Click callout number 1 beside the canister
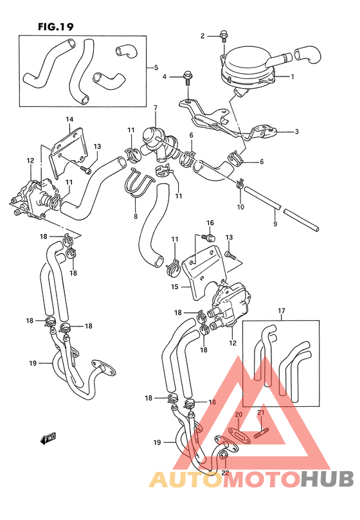coord(292,77)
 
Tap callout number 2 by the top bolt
coord(203,36)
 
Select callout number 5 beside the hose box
coord(155,67)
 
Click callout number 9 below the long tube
coord(274,224)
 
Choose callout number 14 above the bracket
coord(69,120)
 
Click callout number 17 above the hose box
coord(281,311)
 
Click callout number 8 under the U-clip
coord(136,217)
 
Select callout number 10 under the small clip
coord(240,207)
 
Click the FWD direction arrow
coord(48,440)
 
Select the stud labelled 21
coord(262,430)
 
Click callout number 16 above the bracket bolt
coord(210,223)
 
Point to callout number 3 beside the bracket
coord(296,132)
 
